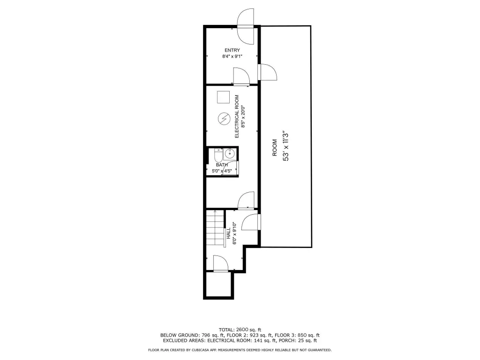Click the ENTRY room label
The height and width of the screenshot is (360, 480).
click(232, 50)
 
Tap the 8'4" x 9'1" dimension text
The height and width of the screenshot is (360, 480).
click(232, 56)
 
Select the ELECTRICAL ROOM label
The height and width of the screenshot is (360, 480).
click(237, 116)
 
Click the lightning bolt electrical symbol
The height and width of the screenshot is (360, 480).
click(224, 119)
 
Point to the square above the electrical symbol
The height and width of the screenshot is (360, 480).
click(223, 97)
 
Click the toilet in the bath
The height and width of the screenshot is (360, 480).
click(218, 156)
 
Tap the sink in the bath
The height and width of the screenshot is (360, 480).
click(230, 154)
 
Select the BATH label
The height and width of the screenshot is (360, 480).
click(222, 165)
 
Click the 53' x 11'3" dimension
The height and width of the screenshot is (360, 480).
click(285, 147)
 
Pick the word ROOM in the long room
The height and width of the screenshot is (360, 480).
click(275, 148)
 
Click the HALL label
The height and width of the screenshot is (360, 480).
click(229, 233)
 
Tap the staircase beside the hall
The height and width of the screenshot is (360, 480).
click(215, 228)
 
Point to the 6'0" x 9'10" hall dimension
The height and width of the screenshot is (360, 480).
click(235, 233)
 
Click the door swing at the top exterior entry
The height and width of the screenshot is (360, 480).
click(246, 27)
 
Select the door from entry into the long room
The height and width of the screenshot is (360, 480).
click(267, 72)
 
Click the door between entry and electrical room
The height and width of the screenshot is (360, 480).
click(241, 76)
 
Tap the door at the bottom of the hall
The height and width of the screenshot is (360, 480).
click(220, 263)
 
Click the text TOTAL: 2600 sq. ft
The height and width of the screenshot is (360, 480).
click(240, 330)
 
